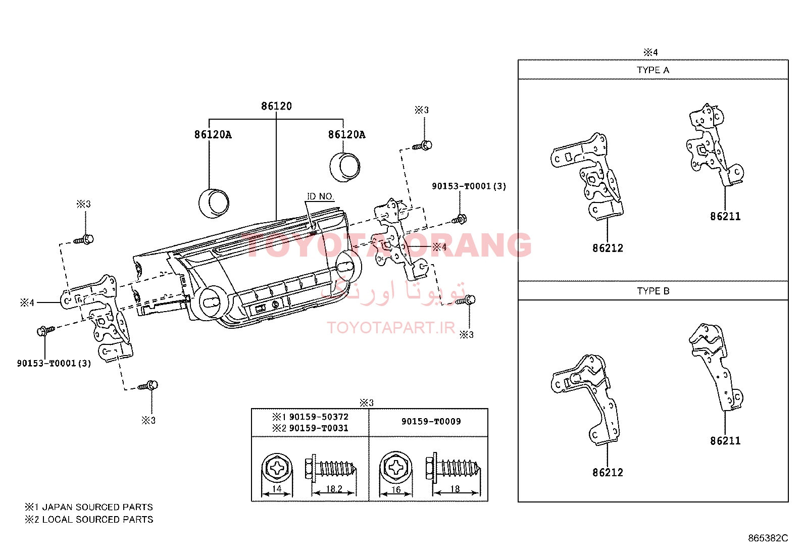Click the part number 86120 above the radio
(276, 106)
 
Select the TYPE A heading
(653, 70)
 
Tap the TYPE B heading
(654, 291)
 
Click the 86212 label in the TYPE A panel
(608, 248)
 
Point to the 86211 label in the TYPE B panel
(725, 441)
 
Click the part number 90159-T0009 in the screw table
(431, 422)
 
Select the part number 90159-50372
(319, 417)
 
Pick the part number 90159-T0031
(319, 428)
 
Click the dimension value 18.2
(334, 489)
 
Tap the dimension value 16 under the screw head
(396, 490)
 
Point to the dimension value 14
(277, 489)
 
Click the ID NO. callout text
(320, 196)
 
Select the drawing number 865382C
(768, 538)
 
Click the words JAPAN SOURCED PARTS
(97, 507)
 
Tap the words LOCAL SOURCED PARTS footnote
(97, 520)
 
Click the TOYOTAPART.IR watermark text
(391, 328)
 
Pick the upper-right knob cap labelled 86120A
(345, 167)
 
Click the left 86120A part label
(213, 135)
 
